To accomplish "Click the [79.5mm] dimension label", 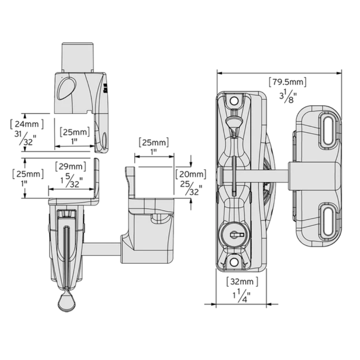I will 288,82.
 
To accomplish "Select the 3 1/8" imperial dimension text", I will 287,97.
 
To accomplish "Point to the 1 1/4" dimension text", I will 241,297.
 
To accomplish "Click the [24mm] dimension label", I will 27,125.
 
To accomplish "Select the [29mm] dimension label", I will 71,167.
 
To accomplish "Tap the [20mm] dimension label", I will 190,175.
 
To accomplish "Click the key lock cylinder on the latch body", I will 233,235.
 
